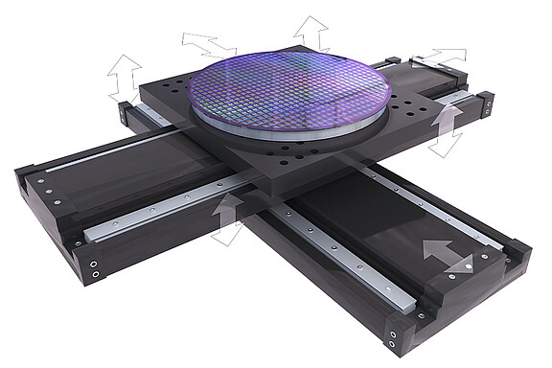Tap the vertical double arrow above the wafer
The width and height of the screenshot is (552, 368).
310,33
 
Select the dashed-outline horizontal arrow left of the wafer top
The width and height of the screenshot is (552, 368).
209,44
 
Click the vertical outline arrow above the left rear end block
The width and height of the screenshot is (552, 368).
125,76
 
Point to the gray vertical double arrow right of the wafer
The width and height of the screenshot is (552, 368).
445,129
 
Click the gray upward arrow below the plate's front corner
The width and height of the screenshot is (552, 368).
228,218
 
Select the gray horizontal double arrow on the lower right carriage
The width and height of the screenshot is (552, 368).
448,255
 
